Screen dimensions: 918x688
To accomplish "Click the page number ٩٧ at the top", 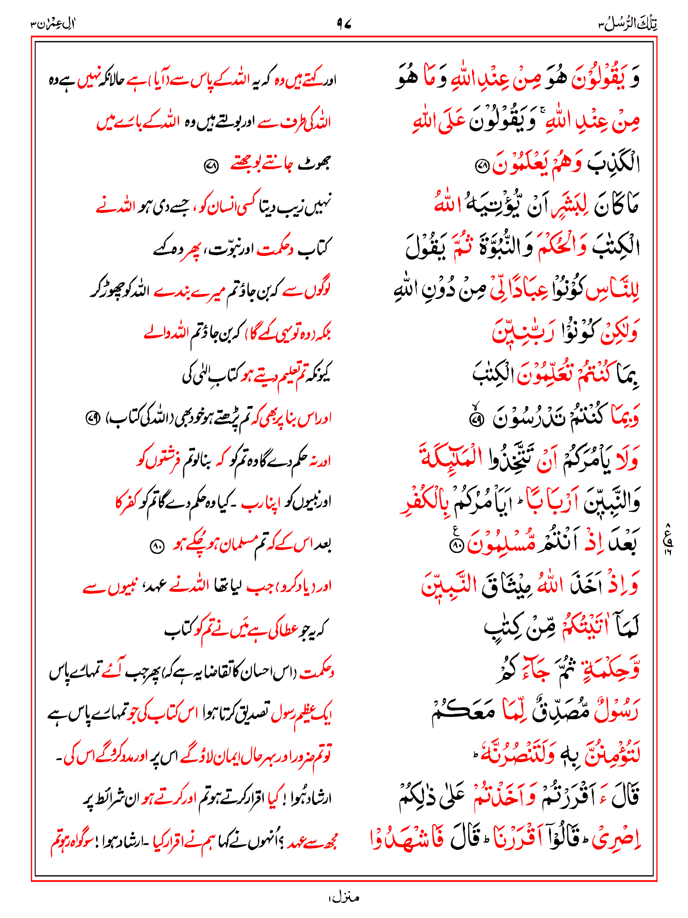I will click(344, 24).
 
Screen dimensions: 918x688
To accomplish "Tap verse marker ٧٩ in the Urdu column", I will click(92, 419).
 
